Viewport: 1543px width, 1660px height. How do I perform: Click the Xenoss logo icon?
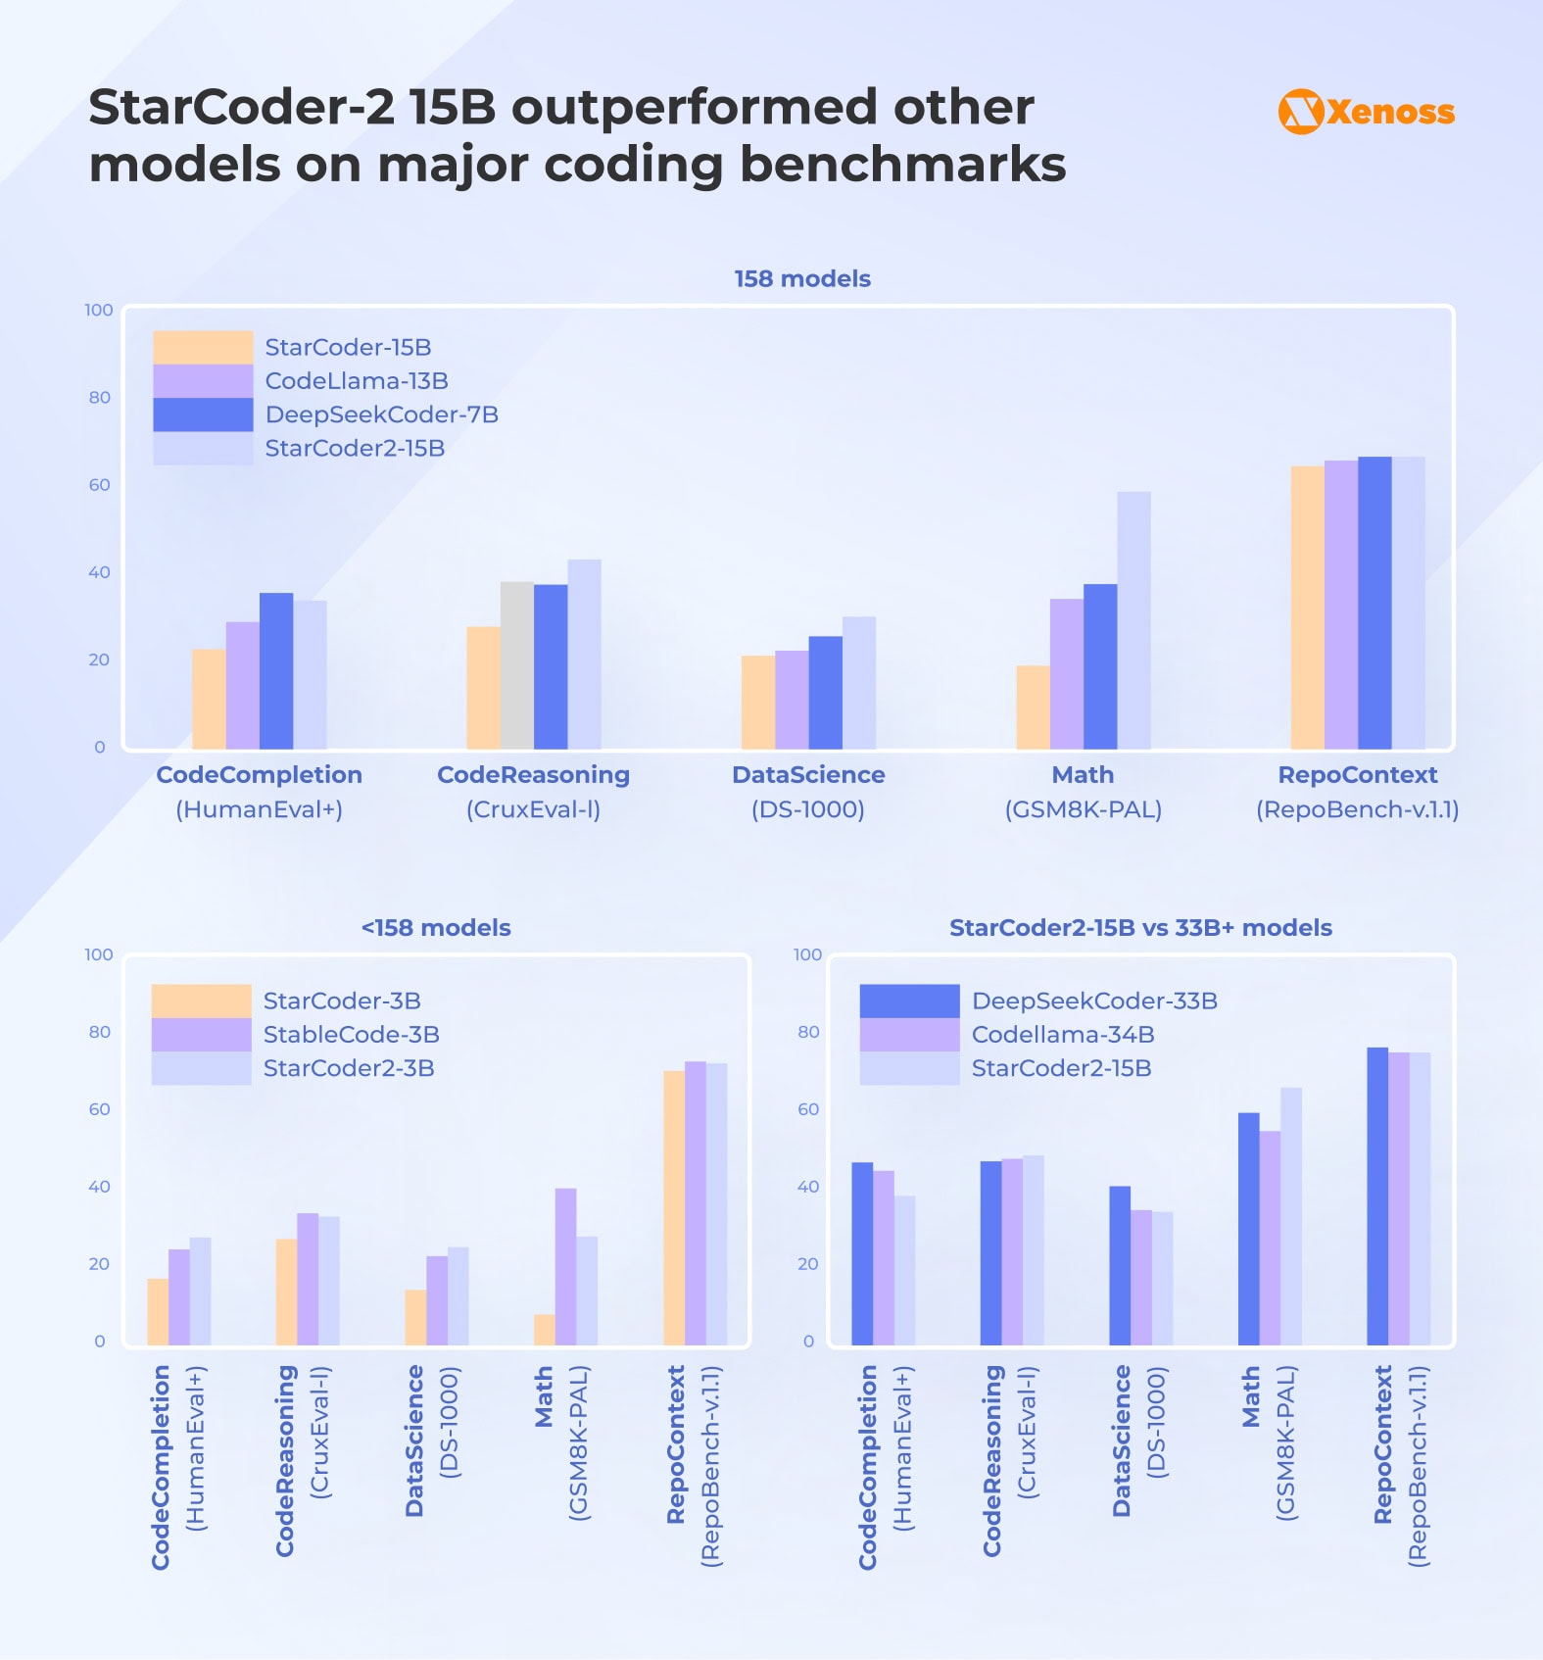[1301, 112]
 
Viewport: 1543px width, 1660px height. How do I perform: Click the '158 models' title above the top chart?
[802, 279]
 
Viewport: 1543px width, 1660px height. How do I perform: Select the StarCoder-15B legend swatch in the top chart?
[203, 347]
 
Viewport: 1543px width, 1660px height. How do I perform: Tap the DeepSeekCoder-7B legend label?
[381, 415]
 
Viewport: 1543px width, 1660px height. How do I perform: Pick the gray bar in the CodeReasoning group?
[517, 665]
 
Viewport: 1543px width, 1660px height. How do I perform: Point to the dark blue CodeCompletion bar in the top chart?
[276, 671]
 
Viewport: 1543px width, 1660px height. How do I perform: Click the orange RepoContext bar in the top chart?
[1307, 608]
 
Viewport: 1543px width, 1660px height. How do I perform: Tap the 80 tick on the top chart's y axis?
[99, 398]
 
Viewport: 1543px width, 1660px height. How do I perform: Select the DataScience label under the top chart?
[808, 775]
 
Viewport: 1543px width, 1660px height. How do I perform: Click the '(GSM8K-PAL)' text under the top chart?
[1083, 809]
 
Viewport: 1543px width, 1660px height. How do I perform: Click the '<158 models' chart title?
[436, 928]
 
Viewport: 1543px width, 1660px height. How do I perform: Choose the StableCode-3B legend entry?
[351, 1035]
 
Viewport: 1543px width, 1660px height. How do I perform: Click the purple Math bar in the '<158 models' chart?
[565, 1266]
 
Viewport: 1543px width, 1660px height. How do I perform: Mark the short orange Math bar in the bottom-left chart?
[544, 1330]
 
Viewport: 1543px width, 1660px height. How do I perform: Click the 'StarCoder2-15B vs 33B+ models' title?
[1140, 928]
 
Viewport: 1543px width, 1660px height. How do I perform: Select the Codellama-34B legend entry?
[1062, 1035]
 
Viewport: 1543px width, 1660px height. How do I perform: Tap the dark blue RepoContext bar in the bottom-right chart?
[1376, 1196]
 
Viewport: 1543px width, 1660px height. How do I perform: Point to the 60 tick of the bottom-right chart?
[807, 1109]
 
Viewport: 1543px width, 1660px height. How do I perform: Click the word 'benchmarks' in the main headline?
[901, 165]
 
